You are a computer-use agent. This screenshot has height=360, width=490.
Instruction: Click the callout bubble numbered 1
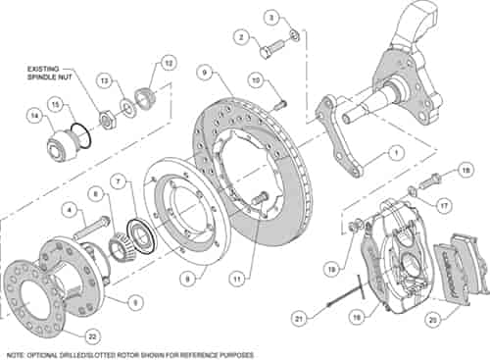tap(395, 152)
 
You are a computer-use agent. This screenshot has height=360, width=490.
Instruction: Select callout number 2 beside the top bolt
tap(238, 36)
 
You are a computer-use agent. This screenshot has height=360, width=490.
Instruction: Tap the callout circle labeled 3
tap(272, 18)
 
